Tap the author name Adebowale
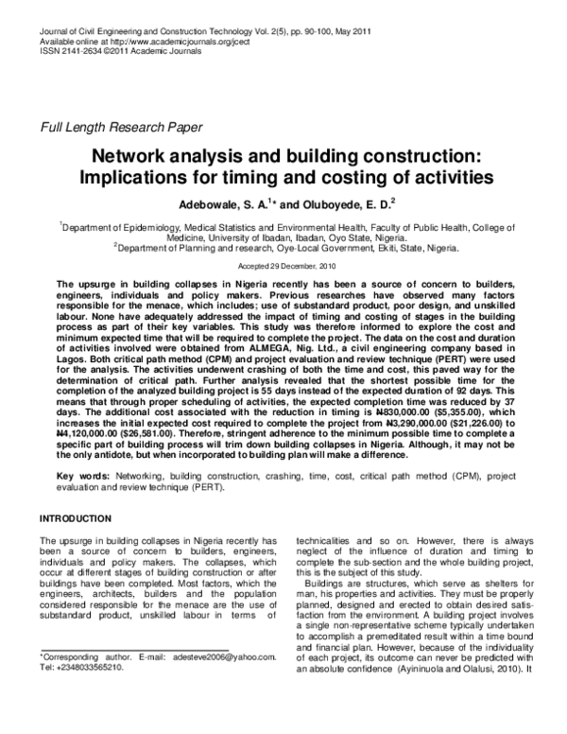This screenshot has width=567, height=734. pyautogui.click(x=212, y=201)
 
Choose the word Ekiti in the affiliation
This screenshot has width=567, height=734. pyautogui.click(x=347, y=249)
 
